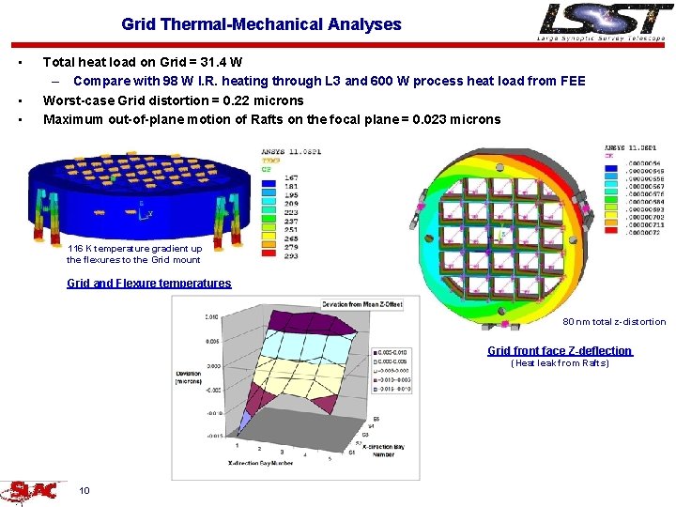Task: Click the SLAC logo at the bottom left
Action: (33, 490)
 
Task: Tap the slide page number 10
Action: (84, 490)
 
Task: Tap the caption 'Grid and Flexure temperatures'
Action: (148, 283)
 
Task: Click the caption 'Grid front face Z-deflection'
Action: (560, 350)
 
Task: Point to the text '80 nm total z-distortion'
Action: (614, 322)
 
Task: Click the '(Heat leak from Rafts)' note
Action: (560, 363)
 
